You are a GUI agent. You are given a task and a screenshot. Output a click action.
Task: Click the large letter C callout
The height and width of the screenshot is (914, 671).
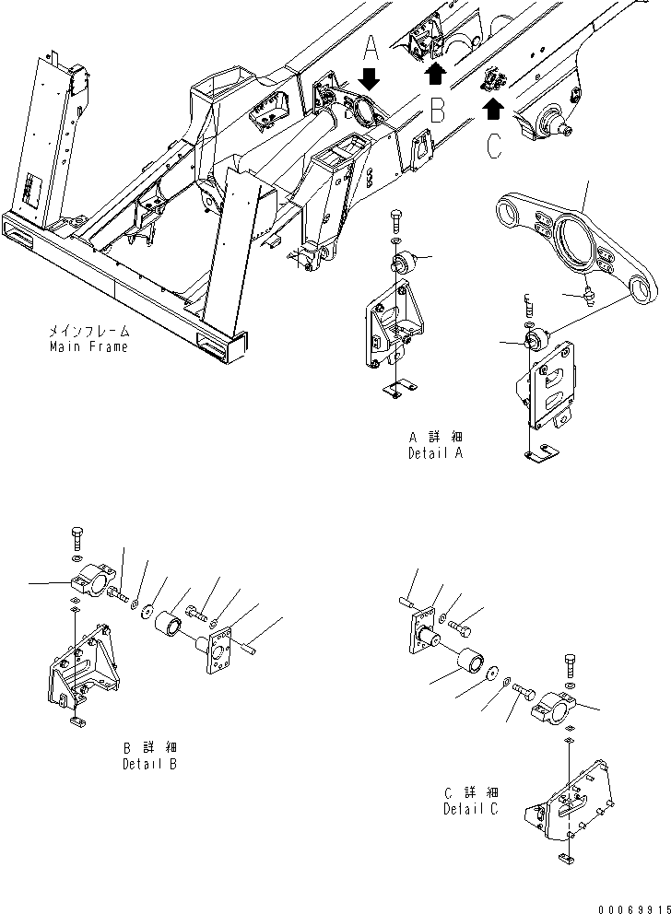pos(494,146)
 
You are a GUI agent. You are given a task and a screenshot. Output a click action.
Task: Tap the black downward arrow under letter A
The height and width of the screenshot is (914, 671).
pos(369,79)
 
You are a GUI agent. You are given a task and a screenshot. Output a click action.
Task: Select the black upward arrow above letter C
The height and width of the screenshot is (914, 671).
pos(494,110)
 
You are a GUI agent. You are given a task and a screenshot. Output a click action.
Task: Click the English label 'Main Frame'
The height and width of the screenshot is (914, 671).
pos(88,347)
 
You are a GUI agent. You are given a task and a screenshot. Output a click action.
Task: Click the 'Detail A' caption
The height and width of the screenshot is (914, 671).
pos(435,453)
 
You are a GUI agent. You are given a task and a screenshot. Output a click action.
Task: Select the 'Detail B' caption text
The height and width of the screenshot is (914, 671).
pos(149,764)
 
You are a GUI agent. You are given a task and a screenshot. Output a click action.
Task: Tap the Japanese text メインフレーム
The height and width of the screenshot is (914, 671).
pos(89,330)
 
